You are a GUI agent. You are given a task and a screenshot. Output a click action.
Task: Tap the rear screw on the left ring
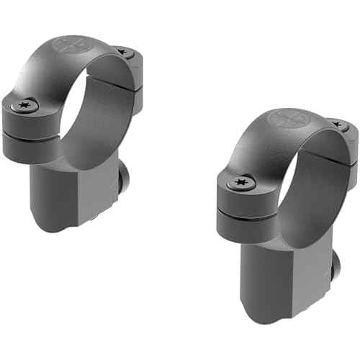[x=123, y=53]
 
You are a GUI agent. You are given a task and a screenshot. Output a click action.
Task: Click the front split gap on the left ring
[x=32, y=132]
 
